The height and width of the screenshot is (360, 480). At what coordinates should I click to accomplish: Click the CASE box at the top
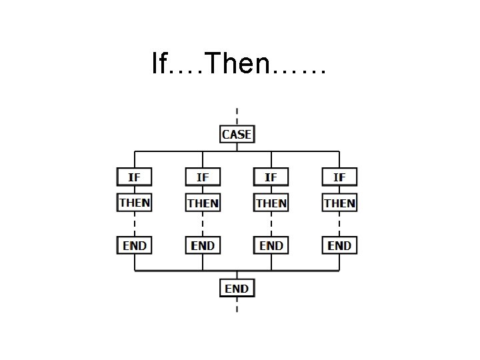pyautogui.click(x=237, y=134)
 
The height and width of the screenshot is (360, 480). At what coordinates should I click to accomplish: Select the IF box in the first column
pyautogui.click(x=135, y=177)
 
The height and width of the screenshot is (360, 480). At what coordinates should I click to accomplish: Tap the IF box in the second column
pyautogui.click(x=203, y=177)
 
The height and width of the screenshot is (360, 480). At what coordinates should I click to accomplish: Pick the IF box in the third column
pyautogui.click(x=271, y=177)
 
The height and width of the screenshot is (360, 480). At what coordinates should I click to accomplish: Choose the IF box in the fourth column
pyautogui.click(x=339, y=177)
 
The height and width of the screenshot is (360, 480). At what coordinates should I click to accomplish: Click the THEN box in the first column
pyautogui.click(x=135, y=202)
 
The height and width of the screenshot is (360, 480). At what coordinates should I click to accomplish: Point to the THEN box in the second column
pyautogui.click(x=203, y=202)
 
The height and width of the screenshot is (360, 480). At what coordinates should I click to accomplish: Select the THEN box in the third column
pyautogui.click(x=271, y=202)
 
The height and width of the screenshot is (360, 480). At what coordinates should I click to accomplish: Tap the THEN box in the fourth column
pyautogui.click(x=339, y=202)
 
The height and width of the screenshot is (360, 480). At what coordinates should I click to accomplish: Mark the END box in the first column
pyautogui.click(x=135, y=245)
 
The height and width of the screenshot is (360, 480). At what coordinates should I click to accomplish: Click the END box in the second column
pyautogui.click(x=203, y=245)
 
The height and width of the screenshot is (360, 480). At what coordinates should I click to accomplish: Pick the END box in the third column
pyautogui.click(x=271, y=245)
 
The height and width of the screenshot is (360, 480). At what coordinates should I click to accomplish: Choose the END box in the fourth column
pyautogui.click(x=339, y=245)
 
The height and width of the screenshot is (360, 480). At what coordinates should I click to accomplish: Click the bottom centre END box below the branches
pyautogui.click(x=237, y=288)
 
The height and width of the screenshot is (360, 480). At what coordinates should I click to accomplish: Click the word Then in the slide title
pyautogui.click(x=237, y=64)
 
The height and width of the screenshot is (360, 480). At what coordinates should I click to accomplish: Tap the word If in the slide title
pyautogui.click(x=160, y=64)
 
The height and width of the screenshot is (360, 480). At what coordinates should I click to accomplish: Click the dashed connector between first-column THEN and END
pyautogui.click(x=135, y=224)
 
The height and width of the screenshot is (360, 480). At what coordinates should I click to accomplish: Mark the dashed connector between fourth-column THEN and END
pyautogui.click(x=339, y=224)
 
